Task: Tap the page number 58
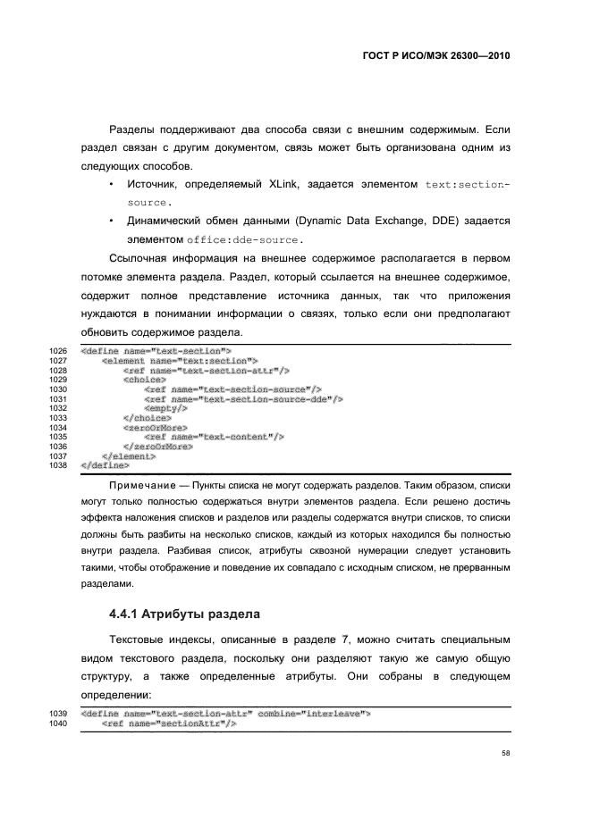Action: (506, 753)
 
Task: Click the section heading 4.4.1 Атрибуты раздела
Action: (183, 614)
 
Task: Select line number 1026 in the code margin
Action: (59, 351)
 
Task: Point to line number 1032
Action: (59, 408)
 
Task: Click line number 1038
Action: (59, 465)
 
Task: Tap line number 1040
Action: (59, 723)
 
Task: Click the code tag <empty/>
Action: (165, 408)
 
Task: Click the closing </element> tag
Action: (129, 456)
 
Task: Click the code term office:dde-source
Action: (245, 239)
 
